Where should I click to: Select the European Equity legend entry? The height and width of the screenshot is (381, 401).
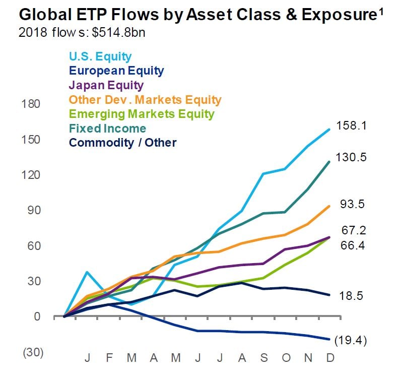116,71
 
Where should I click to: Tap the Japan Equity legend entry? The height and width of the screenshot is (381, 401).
106,85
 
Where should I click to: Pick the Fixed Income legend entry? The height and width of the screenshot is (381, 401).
107,129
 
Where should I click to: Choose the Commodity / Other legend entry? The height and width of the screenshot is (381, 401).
122,143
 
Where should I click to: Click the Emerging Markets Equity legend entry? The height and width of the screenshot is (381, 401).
142,114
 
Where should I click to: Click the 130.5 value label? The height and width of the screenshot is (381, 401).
352,158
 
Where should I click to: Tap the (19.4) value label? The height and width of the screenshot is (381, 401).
352,341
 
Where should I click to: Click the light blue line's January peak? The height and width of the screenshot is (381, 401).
88,272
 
